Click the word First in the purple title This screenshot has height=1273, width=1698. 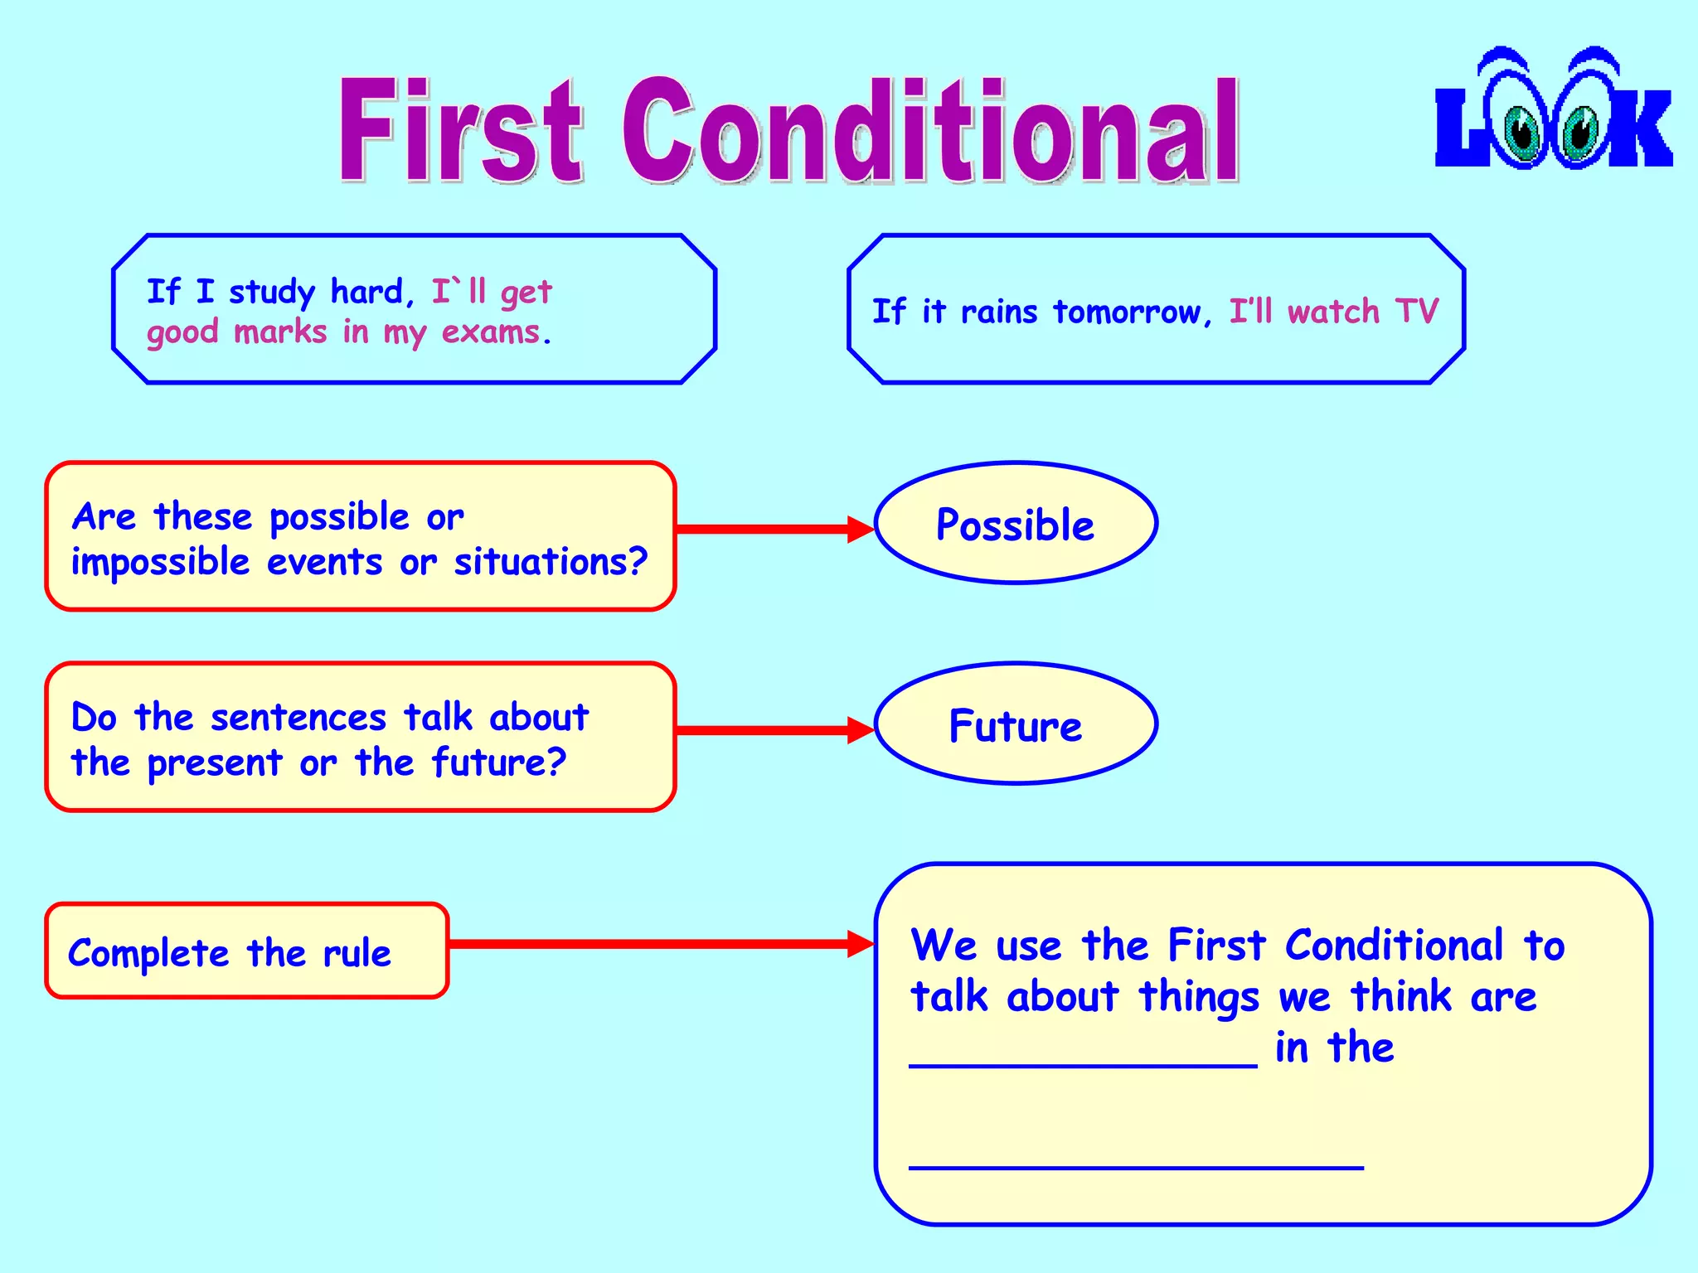(x=461, y=131)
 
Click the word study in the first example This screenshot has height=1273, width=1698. (x=271, y=293)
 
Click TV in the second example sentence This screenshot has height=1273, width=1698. (x=1416, y=312)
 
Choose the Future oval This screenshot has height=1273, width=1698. (x=1015, y=724)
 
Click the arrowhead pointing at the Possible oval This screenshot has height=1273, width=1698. (x=860, y=529)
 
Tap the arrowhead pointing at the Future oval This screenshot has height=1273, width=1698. (x=860, y=730)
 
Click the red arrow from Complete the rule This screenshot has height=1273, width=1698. (x=647, y=943)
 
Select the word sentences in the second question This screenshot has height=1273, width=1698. (x=298, y=718)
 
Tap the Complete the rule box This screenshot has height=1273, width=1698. (x=246, y=951)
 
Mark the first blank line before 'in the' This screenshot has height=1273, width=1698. (x=1082, y=1066)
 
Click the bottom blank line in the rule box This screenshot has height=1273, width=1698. (x=1135, y=1167)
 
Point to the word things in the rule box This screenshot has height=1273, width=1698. (x=1198, y=998)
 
